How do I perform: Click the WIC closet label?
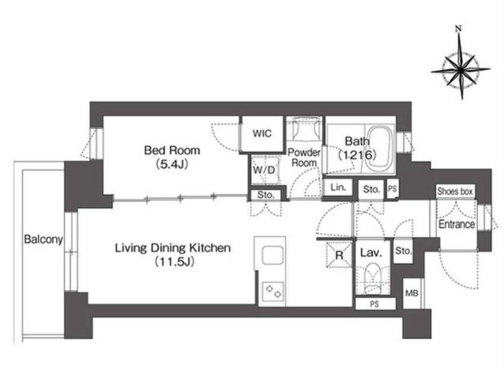click(262, 133)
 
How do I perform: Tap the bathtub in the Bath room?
click(380, 149)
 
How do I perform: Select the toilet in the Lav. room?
click(373, 278)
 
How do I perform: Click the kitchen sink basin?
click(273, 255)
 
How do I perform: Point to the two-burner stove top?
click(273, 292)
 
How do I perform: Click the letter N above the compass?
click(458, 29)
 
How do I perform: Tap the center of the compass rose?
click(461, 69)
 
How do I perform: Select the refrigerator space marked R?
click(340, 255)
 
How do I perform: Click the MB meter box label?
click(412, 293)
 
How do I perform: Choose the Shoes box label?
click(455, 191)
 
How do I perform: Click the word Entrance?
click(457, 225)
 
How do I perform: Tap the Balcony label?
click(43, 240)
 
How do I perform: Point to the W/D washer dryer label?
click(264, 170)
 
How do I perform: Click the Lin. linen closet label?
click(338, 187)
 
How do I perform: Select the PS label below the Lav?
click(374, 304)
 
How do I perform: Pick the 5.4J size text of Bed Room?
click(172, 164)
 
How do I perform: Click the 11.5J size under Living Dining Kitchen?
click(175, 262)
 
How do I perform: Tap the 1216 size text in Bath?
click(357, 156)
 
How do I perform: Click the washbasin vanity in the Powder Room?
click(304, 129)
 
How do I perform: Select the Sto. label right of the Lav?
click(403, 251)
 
